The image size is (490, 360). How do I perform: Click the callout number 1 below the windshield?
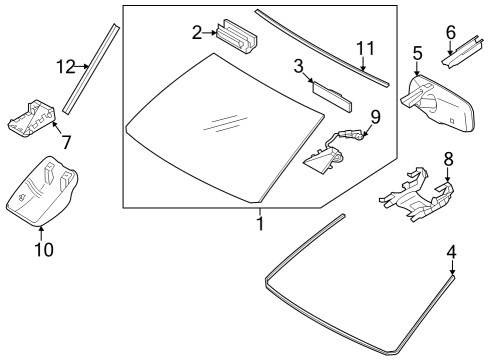[259, 226]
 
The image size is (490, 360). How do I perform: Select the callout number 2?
[197, 33]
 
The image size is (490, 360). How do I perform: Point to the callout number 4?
[451, 252]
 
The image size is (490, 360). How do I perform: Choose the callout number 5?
[417, 51]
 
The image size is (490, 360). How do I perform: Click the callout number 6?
[450, 32]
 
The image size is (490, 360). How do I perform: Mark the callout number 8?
[447, 158]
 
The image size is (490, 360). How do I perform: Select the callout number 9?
[375, 117]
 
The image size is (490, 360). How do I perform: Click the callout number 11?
[366, 47]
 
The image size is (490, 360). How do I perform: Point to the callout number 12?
[64, 68]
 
